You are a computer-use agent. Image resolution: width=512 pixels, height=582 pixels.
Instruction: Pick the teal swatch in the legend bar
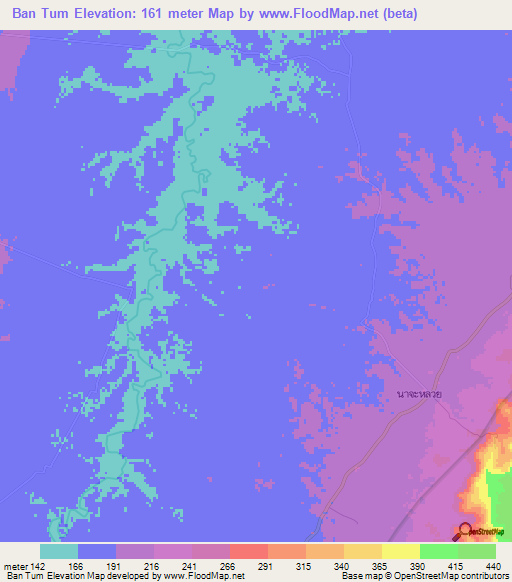(x=59, y=551)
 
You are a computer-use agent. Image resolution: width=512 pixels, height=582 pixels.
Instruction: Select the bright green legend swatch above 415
(x=439, y=551)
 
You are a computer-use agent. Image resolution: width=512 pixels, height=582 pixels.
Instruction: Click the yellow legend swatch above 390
(x=401, y=551)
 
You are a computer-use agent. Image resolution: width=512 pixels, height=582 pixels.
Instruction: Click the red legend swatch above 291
(x=249, y=551)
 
